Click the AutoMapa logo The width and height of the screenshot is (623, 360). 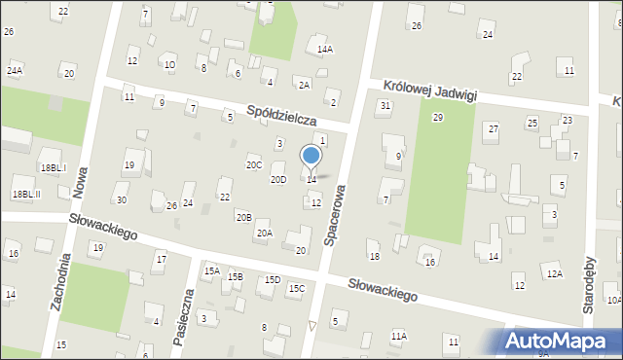click(561, 342)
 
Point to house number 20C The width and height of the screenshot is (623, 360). click(254, 165)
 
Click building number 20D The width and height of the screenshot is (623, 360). click(278, 180)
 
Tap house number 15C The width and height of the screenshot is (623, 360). click(297, 288)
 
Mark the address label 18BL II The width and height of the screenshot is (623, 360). click(26, 194)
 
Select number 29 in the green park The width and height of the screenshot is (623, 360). click(438, 117)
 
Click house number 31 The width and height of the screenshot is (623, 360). click(385, 105)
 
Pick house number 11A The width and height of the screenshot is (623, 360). click(398, 336)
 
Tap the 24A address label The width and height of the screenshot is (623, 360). click(15, 70)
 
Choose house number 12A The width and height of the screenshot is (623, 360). click(553, 274)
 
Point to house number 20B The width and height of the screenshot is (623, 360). click(243, 217)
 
